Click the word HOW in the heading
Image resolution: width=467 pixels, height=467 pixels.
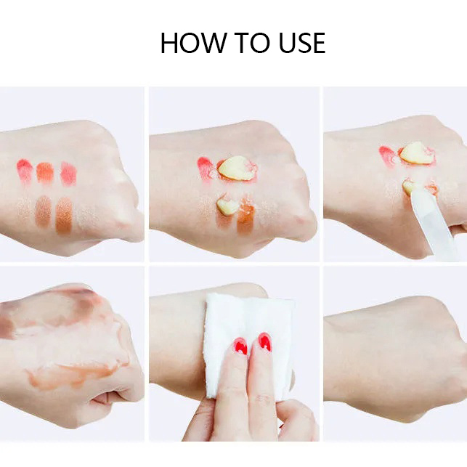pos(192,43)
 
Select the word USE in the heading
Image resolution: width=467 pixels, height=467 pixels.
pos(302,43)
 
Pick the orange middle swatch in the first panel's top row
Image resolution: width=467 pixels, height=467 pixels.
pos(45,172)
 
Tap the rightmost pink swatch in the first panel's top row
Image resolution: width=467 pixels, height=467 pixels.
pos(68,174)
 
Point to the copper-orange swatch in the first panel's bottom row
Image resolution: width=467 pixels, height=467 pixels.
pos(64,215)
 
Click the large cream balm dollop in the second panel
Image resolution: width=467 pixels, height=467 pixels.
pos(235,168)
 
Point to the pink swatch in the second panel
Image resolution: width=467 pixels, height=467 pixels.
pos(206,168)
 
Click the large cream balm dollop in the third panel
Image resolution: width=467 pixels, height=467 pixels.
pos(416,153)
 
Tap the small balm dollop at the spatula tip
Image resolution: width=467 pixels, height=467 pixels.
pos(410,186)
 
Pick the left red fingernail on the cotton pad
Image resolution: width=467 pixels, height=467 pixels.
pos(240,346)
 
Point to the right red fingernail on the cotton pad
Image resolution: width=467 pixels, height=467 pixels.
pos(265,342)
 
